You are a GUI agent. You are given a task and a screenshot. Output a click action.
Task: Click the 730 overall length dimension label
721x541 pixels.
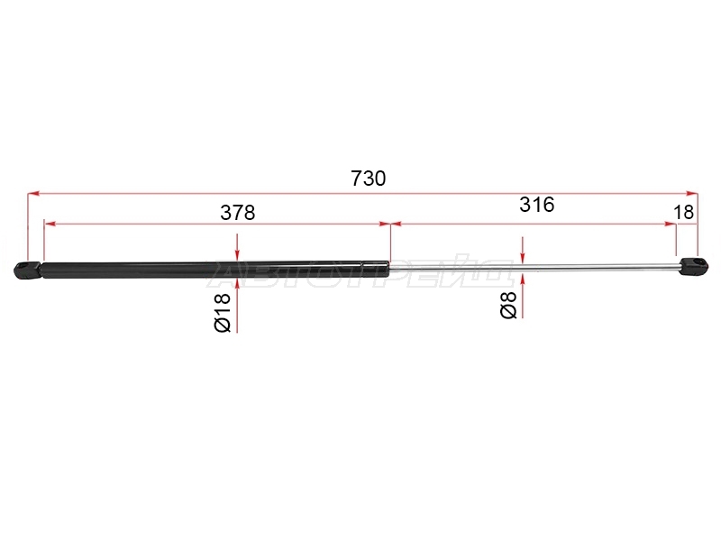(x=369, y=179)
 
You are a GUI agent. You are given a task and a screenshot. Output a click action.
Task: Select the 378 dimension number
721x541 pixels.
(x=238, y=213)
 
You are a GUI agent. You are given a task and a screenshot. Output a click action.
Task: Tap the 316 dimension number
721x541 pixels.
(x=537, y=205)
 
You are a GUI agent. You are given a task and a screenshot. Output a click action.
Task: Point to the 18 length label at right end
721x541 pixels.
(x=683, y=213)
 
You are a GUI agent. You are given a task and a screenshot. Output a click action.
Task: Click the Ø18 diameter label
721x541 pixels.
(x=223, y=312)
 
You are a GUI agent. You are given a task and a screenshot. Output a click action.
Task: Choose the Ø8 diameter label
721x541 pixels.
(x=508, y=305)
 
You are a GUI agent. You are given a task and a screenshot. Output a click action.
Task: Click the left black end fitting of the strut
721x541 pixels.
(x=28, y=270)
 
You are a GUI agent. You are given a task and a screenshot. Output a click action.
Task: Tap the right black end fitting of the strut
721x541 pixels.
(x=693, y=266)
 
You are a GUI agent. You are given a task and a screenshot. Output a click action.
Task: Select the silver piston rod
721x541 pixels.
(x=534, y=267)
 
